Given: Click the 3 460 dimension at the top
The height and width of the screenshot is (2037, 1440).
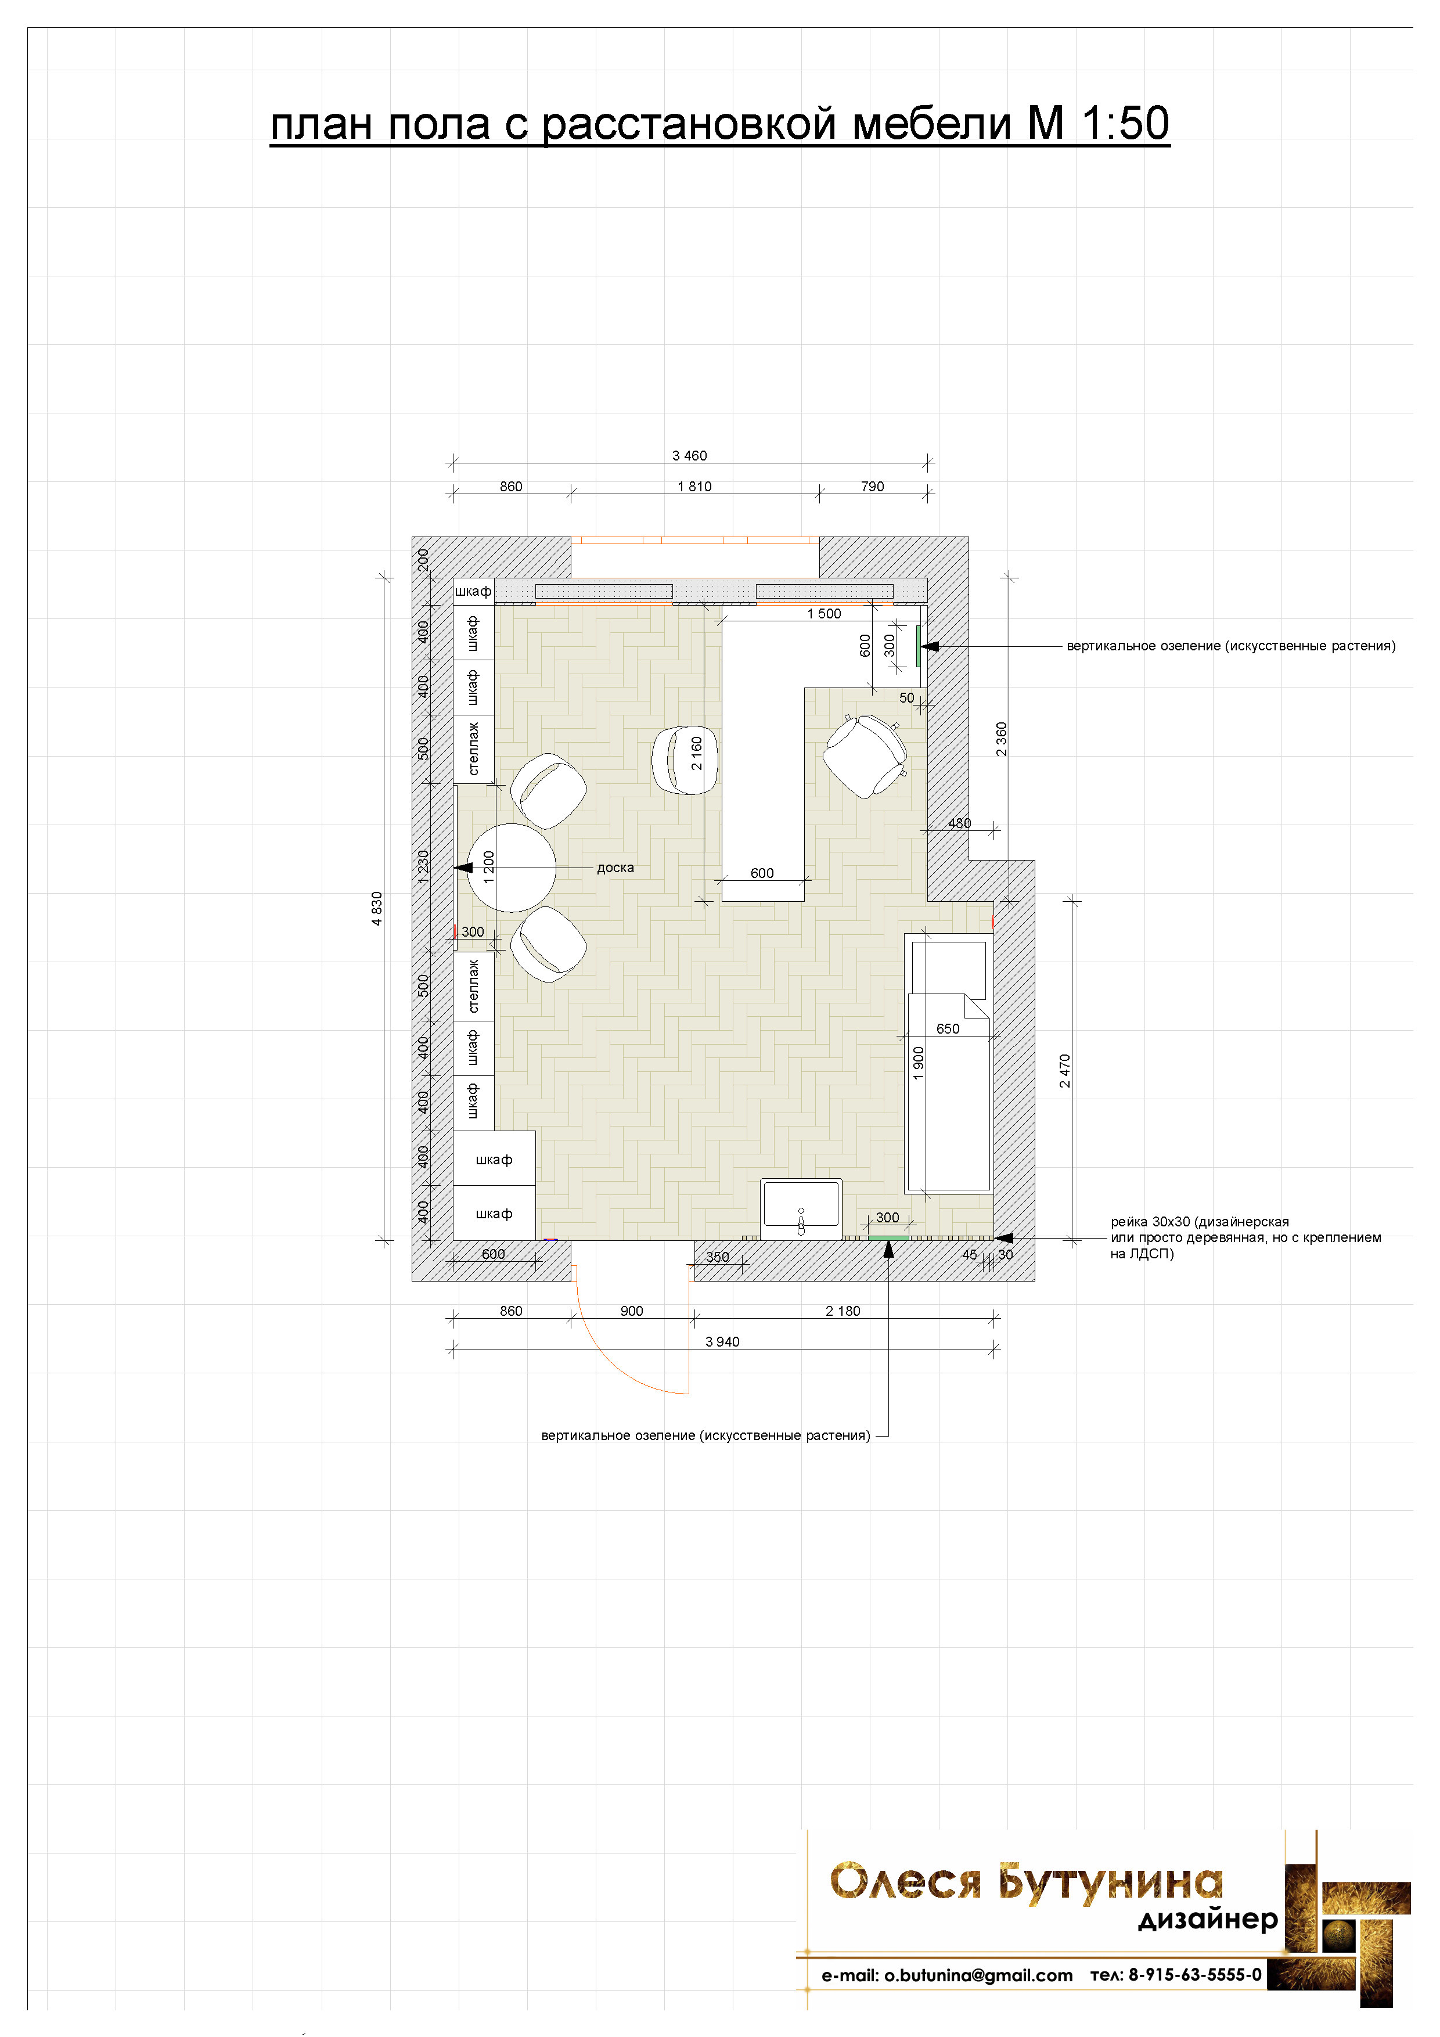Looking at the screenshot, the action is [x=689, y=456].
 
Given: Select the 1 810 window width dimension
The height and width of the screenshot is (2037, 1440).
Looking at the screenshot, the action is [x=694, y=487].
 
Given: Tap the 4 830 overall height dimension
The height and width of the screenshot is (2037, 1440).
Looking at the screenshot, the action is [x=377, y=909].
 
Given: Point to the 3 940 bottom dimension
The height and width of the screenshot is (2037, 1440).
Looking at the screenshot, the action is [x=722, y=1343].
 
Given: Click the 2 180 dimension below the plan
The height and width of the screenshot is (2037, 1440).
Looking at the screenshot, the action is [x=843, y=1311].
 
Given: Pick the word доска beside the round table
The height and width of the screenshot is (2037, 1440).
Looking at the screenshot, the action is [x=615, y=868].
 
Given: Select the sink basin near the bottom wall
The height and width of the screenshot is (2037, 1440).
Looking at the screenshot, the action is [x=800, y=1208].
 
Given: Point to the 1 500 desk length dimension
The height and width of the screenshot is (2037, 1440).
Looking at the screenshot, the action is [x=825, y=614].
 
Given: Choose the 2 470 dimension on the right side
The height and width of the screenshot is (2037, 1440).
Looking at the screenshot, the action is [x=1065, y=1071].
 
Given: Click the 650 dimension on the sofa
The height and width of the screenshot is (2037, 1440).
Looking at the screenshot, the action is [x=948, y=1029].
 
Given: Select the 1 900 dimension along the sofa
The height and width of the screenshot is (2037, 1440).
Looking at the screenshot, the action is [x=919, y=1063].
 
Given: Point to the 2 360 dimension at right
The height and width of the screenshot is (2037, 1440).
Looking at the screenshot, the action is [x=1002, y=739].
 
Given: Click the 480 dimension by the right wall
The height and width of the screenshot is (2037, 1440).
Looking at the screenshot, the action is [x=959, y=823].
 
